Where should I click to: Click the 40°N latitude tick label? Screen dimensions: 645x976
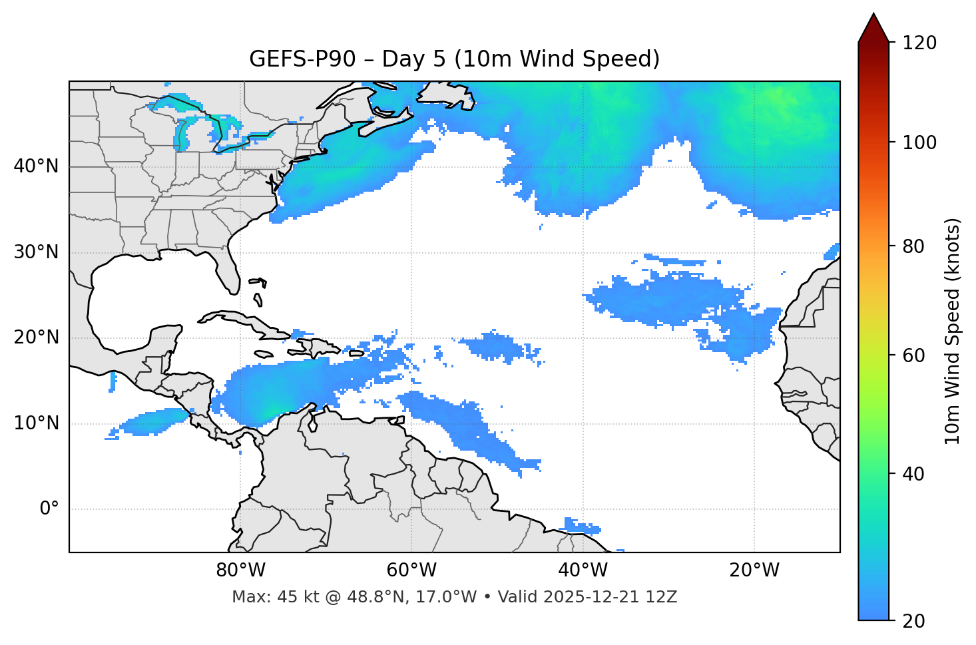pos(36,166)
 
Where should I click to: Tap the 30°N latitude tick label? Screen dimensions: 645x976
pos(36,252)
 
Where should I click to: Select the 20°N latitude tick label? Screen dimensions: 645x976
pos(36,337)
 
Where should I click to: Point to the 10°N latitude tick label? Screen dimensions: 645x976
pos(36,423)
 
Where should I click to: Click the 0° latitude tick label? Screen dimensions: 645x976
pos(49,509)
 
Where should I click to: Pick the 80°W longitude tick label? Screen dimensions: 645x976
pos(240,570)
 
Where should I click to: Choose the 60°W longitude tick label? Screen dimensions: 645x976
pos(411,570)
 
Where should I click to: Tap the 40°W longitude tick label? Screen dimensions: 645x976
pos(583,570)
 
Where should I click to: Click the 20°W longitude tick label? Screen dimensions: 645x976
pos(754,570)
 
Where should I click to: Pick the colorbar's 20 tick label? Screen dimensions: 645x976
pos(913,621)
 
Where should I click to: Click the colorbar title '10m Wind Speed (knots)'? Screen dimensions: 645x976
pos(953,331)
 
